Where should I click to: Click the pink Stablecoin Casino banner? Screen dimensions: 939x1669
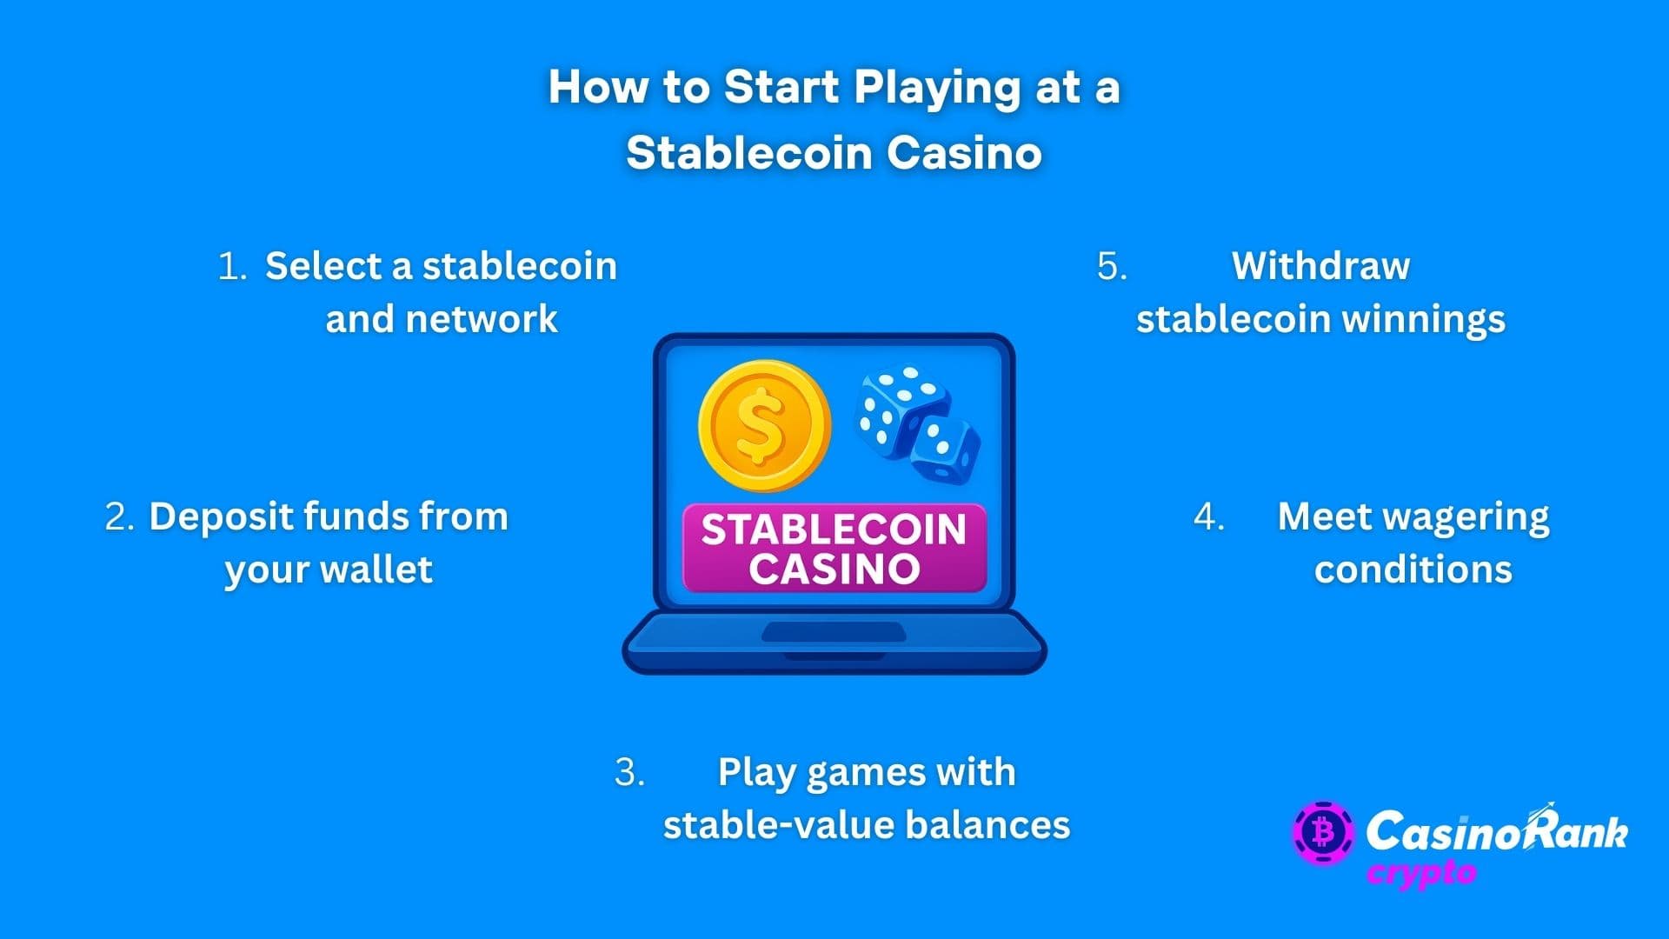coord(834,549)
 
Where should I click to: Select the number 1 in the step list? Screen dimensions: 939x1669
coord(231,266)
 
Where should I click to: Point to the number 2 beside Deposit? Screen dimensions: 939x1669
coord(119,516)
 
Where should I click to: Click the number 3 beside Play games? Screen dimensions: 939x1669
coord(628,772)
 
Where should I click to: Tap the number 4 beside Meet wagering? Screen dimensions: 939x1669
coord(1208,516)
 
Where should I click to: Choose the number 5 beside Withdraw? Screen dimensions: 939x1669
coord(1112,266)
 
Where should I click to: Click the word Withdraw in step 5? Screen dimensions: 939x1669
coord(1320,266)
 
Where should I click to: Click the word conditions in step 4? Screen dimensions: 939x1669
coord(1413,569)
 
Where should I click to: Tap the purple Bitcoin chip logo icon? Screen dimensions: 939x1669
coord(1322,833)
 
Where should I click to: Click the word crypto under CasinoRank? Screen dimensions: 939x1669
coord(1421,873)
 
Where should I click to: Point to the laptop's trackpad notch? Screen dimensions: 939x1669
coord(834,633)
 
